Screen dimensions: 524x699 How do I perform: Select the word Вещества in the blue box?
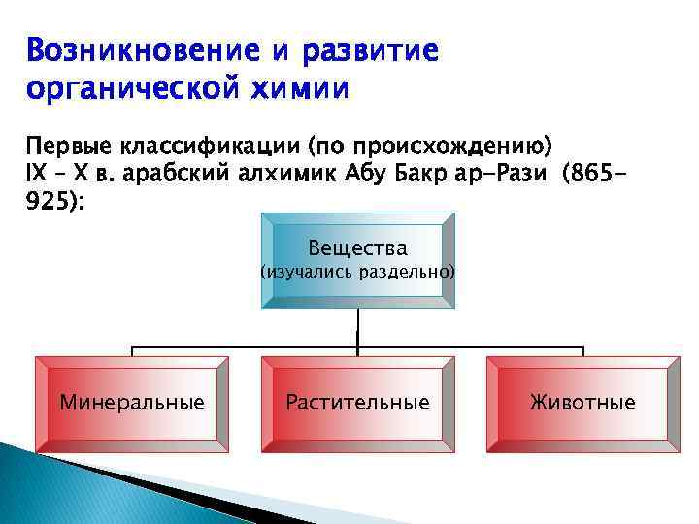click(x=357, y=247)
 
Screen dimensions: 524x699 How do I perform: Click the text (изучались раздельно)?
click(x=357, y=273)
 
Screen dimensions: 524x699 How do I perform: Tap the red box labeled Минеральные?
click(x=132, y=402)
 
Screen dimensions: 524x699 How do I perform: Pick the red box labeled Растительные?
click(x=357, y=402)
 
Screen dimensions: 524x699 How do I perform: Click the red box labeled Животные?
click(x=582, y=402)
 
